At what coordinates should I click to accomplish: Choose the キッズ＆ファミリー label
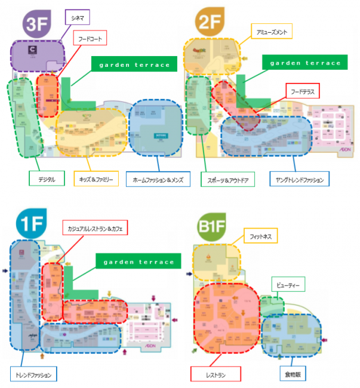pyautogui.click(x=96, y=178)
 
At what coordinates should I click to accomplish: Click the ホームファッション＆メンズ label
pyautogui.click(x=158, y=178)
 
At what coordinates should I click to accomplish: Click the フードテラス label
pyautogui.click(x=302, y=91)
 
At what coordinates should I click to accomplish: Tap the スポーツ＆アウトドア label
pyautogui.click(x=232, y=178)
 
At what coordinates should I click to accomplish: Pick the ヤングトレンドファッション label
pyautogui.click(x=299, y=178)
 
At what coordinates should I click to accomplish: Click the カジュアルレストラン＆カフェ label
pyautogui.click(x=96, y=227)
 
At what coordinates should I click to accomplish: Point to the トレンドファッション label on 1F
pyautogui.click(x=33, y=375)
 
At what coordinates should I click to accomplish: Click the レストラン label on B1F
pyautogui.click(x=216, y=375)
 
